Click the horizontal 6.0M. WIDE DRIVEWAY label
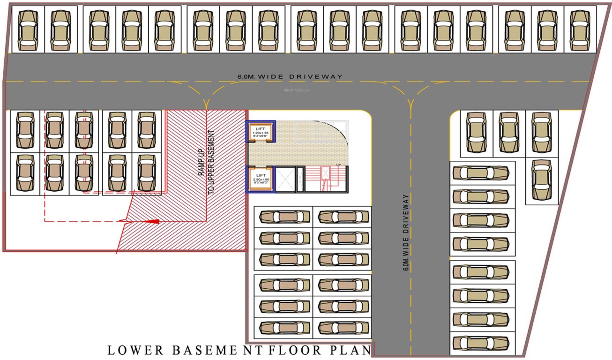point(290,76)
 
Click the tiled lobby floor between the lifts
point(305,145)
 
